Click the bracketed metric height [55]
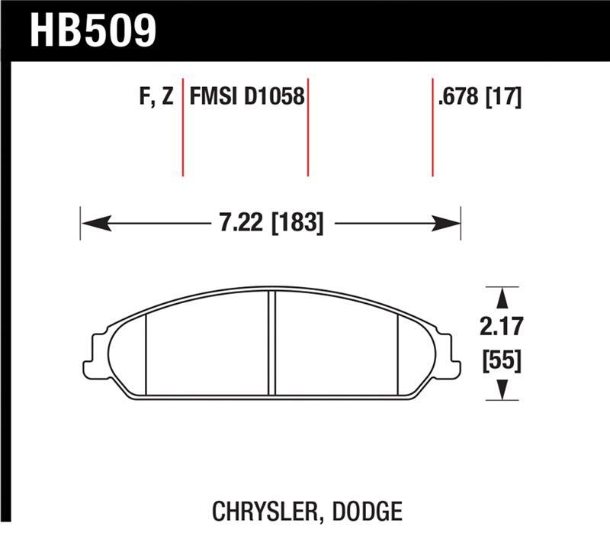click(502, 359)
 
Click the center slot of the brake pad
click(271, 344)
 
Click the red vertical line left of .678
click(432, 127)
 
